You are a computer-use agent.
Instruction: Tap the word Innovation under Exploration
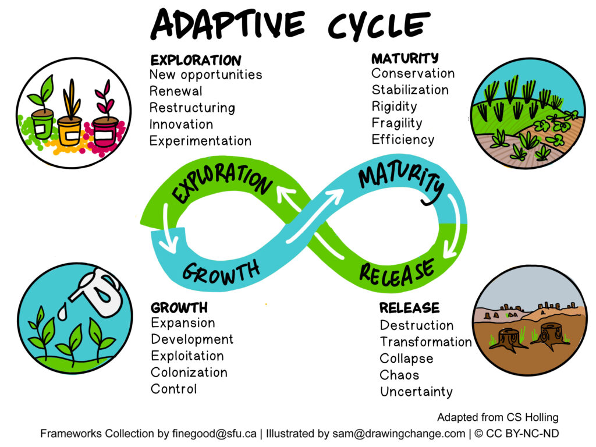[181, 124]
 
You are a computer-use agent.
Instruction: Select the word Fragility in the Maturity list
[396, 123]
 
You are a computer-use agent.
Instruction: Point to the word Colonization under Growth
[189, 372]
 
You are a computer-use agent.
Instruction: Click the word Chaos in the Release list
[399, 375]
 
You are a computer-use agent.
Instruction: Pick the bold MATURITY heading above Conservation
[405, 58]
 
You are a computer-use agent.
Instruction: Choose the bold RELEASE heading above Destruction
[409, 307]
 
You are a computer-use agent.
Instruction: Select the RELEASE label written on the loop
[396, 271]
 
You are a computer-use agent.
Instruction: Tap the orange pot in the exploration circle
[69, 132]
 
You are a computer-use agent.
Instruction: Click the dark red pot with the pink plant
[105, 132]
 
